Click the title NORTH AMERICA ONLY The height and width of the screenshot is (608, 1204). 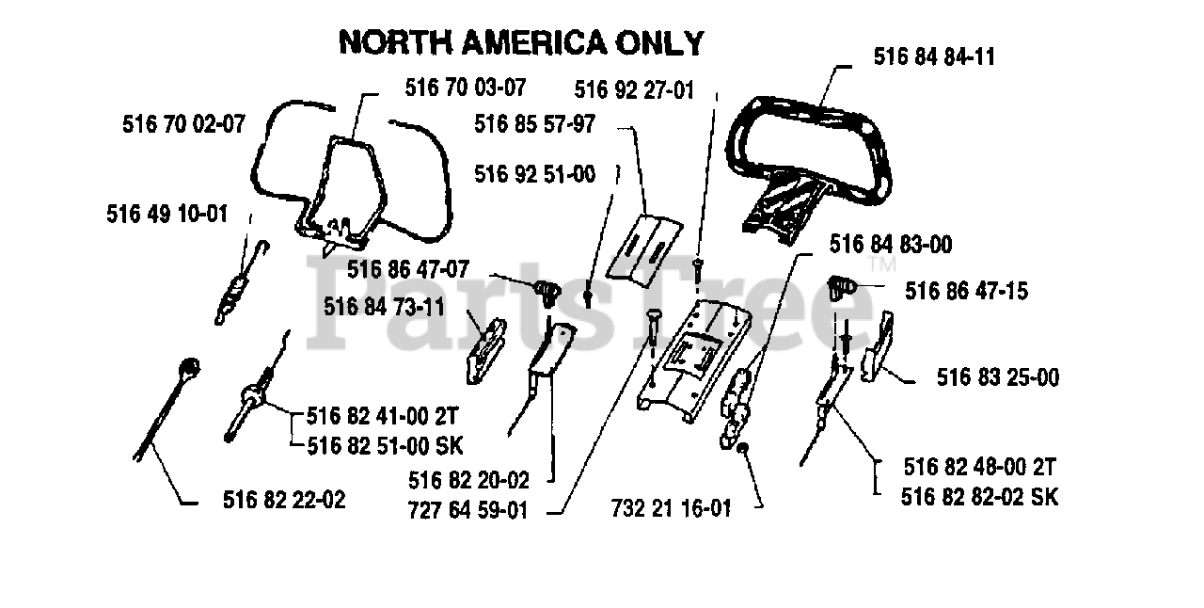click(521, 42)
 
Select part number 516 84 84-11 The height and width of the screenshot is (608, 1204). click(934, 56)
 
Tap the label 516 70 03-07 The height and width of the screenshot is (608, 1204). click(466, 88)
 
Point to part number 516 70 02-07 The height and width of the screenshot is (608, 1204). click(183, 122)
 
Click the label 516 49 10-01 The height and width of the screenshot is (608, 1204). click(167, 214)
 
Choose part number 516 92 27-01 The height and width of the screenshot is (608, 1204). click(634, 90)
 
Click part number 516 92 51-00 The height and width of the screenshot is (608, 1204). click(534, 174)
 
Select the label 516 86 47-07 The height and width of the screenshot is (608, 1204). click(407, 269)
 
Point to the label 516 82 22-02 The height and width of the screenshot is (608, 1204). click(284, 500)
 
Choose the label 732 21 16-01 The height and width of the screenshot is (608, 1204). click(671, 508)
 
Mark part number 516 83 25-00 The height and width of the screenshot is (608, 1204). click(998, 377)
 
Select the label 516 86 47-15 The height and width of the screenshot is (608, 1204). click(967, 291)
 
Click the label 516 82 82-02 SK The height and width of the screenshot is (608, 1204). click(979, 496)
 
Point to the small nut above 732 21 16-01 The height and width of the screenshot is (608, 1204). click(742, 447)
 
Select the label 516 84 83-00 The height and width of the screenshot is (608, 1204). click(890, 245)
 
